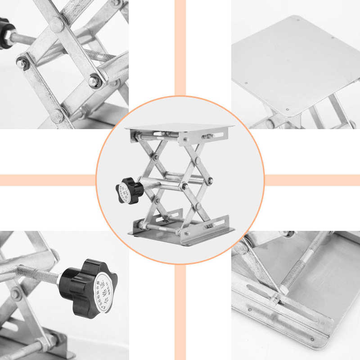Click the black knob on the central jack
coord(130,189)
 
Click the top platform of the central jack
coord(180,128)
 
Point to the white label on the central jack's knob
coord(125,193)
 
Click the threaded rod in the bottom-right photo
coord(301,261)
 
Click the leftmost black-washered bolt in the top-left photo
coord(22,63)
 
